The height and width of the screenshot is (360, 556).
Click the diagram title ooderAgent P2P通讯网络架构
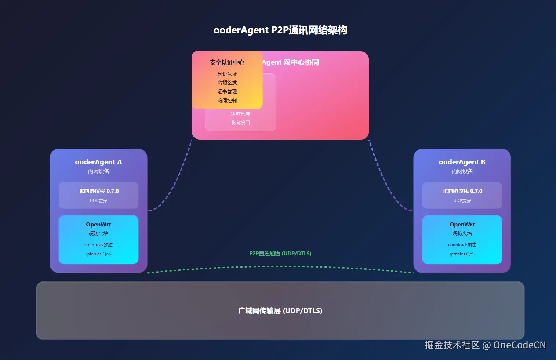(280, 30)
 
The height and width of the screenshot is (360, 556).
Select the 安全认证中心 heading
(227, 62)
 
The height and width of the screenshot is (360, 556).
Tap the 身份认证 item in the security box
(227, 74)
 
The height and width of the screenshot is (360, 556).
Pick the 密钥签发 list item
(227, 83)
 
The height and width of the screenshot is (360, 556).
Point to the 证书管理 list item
(227, 91)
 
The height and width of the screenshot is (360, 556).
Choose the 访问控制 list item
(227, 101)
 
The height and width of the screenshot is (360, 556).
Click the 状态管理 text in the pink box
(240, 114)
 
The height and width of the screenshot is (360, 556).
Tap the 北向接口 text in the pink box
(240, 123)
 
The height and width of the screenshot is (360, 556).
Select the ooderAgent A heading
(98, 162)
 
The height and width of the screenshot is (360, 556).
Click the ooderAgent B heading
(462, 162)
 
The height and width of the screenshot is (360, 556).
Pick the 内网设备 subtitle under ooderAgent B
(462, 171)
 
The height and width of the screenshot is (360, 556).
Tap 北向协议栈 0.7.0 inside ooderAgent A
(98, 191)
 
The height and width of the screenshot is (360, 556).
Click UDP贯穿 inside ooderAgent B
(462, 201)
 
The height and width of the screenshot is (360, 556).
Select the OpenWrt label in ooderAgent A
(98, 225)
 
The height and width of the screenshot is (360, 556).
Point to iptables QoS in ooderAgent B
(462, 254)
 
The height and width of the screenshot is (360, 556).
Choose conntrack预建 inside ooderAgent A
(98, 245)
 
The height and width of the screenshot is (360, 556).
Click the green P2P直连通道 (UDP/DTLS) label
(280, 254)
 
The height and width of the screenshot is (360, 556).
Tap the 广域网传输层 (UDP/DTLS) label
(280, 311)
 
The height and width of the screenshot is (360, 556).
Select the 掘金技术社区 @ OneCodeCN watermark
(485, 345)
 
